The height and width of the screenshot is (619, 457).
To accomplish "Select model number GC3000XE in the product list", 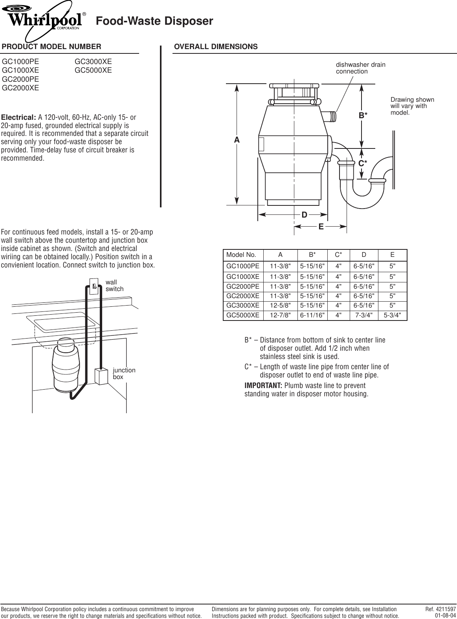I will pyautogui.click(x=93, y=62).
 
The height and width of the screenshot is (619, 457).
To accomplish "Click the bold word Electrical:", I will pyautogui.click(x=19, y=117).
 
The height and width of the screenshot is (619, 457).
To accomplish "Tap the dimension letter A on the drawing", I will pyautogui.click(x=237, y=140).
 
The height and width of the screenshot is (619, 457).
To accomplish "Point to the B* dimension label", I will pyautogui.click(x=363, y=115).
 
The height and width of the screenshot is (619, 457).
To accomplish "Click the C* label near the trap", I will pyautogui.click(x=363, y=163).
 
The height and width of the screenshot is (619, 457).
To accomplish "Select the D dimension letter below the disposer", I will pyautogui.click(x=304, y=214).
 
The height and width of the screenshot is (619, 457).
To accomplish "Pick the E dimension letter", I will pyautogui.click(x=321, y=227).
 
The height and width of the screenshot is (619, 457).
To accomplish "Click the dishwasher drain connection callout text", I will pyautogui.click(x=360, y=68).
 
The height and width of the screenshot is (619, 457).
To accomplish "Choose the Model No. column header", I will pyautogui.click(x=241, y=255).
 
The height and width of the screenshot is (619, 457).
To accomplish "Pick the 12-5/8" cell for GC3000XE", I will pyautogui.click(x=280, y=305).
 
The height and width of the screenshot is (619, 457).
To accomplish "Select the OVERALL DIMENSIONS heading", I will pyautogui.click(x=216, y=47).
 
